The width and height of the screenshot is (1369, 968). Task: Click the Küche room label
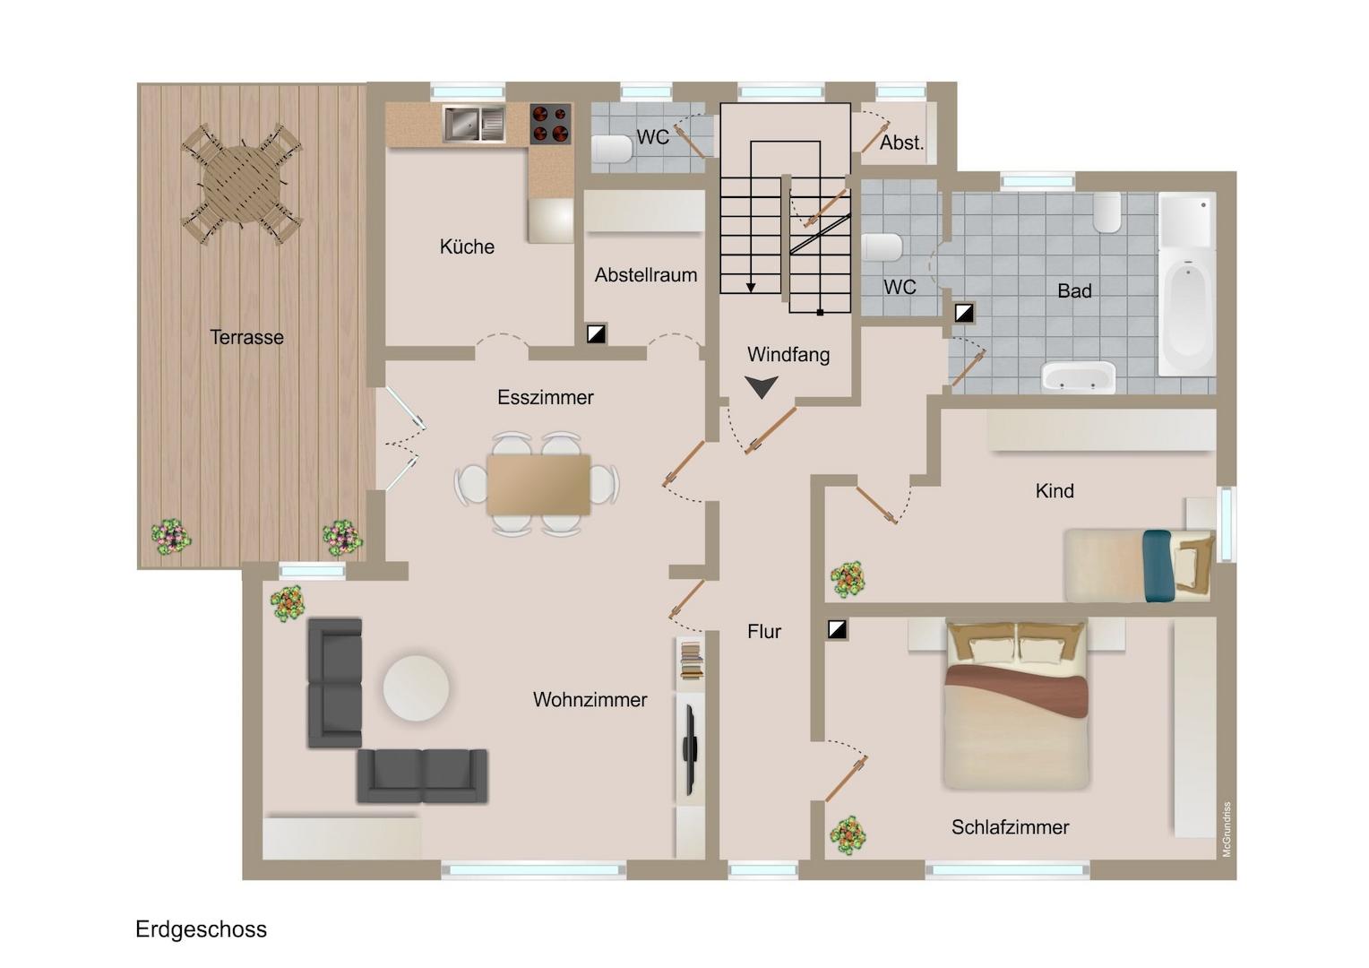coord(467,246)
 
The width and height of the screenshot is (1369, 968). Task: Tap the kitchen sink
coord(474,124)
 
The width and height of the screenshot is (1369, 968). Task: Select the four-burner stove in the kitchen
coord(550,124)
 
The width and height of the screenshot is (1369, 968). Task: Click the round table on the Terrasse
coord(243,184)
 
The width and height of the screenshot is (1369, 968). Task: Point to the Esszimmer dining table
coord(538,484)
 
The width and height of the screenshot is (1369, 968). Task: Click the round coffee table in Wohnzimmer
coord(417,688)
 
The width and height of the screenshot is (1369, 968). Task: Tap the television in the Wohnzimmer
coord(689,749)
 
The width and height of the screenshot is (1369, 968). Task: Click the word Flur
coord(764,631)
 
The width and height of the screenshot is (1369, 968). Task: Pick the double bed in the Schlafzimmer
coord(1016,705)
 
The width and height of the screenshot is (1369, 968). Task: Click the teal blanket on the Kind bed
coord(1158,566)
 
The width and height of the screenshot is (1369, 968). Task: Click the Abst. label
coord(901,143)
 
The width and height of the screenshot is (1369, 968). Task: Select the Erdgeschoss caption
coord(201,929)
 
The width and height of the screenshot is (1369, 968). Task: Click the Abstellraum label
coord(646,275)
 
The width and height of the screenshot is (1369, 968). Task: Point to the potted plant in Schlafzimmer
coord(848,834)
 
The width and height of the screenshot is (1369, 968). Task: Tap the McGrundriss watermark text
coord(1227,829)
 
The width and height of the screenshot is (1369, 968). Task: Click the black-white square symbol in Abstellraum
coord(596,334)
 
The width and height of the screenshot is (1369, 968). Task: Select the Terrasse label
coord(247,337)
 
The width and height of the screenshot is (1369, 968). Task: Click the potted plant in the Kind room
coord(848,579)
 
